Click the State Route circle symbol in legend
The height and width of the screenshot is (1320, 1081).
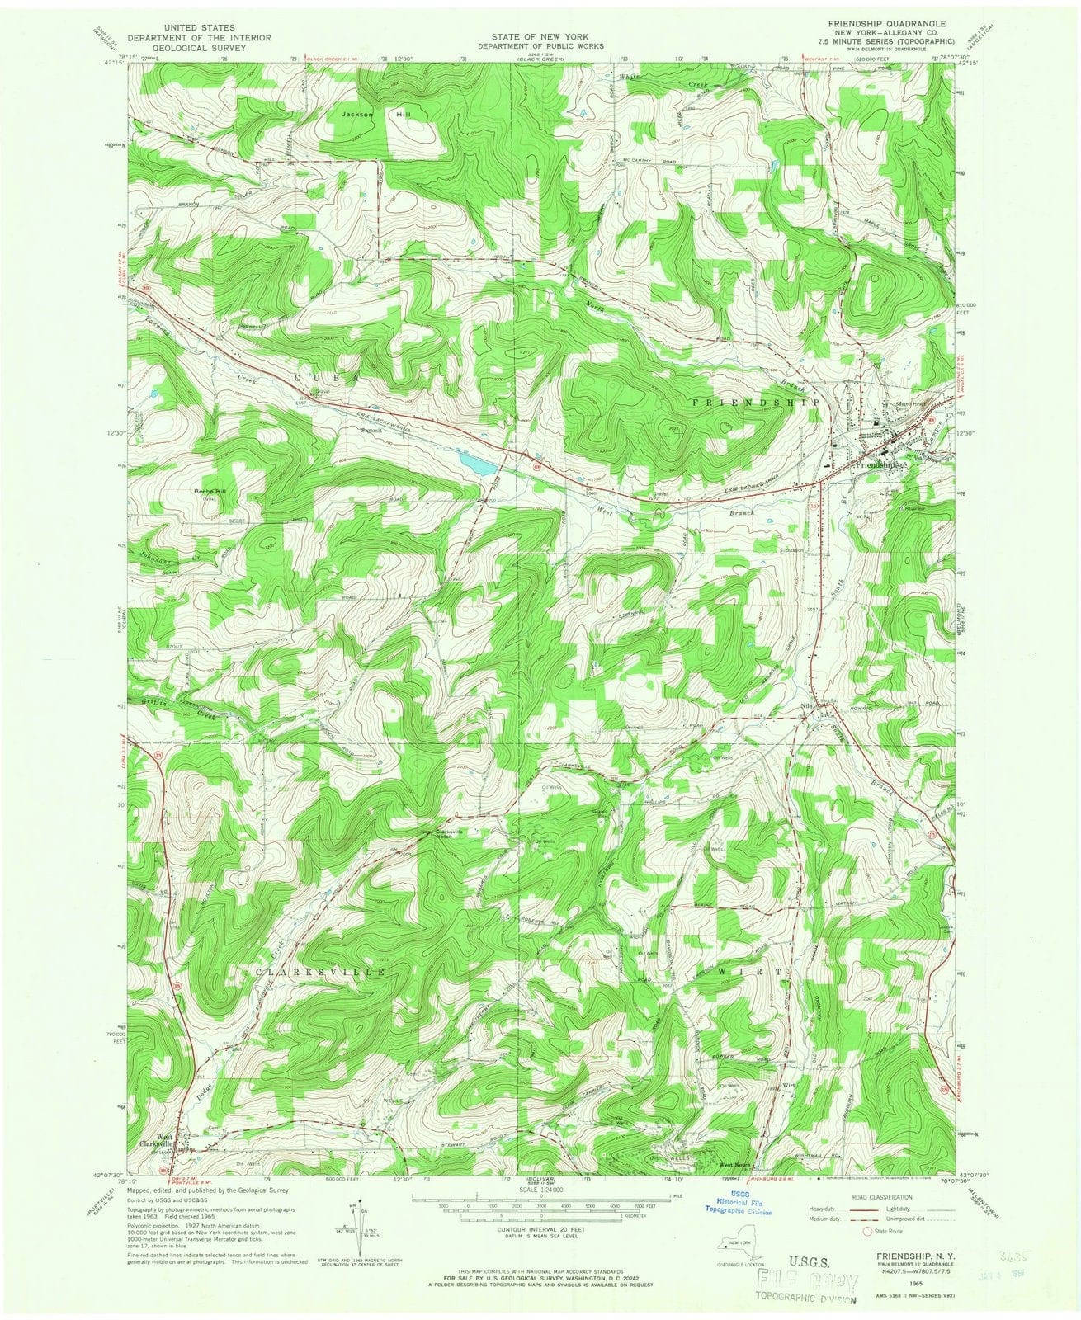866,1231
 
